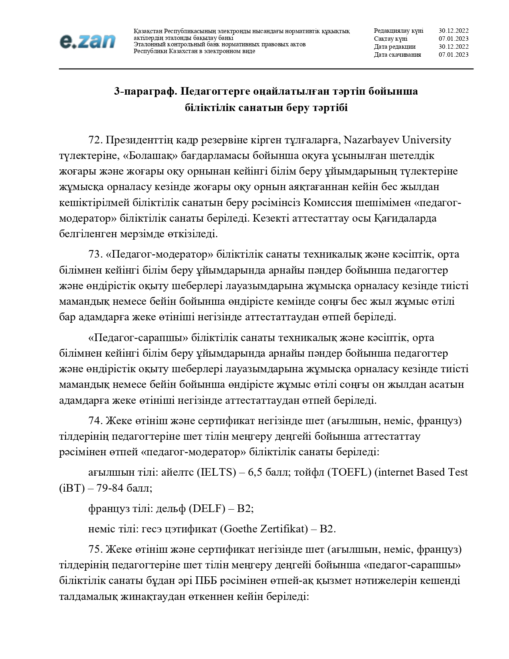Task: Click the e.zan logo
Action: tap(87, 41)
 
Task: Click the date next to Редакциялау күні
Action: tap(454, 31)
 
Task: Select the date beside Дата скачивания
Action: tap(454, 55)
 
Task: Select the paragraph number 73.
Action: tap(95, 254)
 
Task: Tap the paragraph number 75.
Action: tap(95, 550)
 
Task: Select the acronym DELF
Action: tap(205, 509)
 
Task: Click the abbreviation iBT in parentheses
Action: tap(71, 488)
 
